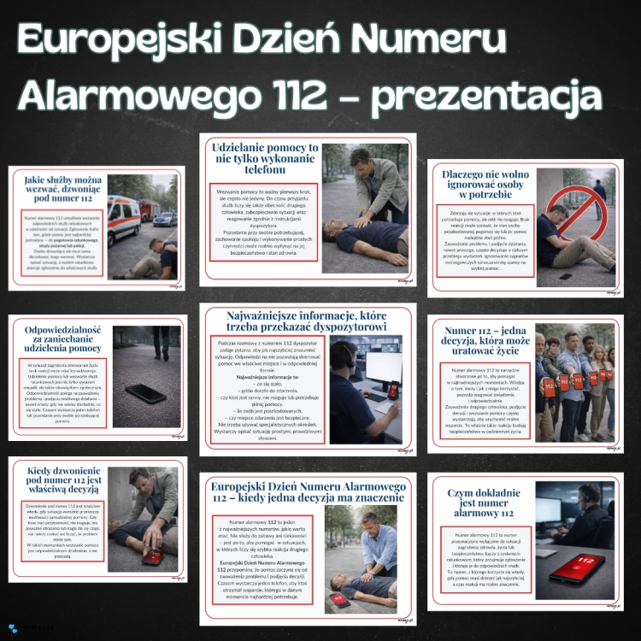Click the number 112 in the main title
[304, 95]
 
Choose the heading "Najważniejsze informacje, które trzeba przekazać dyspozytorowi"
[308, 323]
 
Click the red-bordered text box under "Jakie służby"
[59, 244]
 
